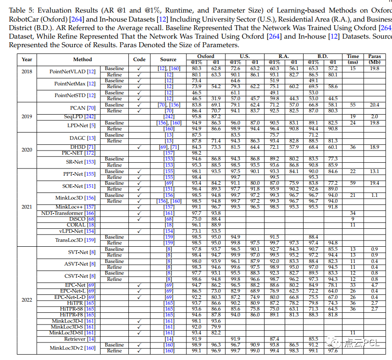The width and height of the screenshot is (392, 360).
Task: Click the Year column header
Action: click(x=27, y=59)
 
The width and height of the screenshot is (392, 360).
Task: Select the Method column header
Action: click(x=83, y=59)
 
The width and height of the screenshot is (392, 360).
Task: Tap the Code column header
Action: click(x=139, y=59)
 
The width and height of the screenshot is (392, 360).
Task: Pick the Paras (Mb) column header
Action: click(x=374, y=59)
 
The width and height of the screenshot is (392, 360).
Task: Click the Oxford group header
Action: click(x=206, y=57)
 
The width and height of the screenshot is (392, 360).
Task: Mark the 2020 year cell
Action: click(x=27, y=150)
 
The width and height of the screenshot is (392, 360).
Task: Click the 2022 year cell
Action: click(x=27, y=299)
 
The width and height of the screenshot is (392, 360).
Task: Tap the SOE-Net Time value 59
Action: click(x=353, y=183)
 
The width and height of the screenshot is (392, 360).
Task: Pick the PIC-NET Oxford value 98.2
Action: click(x=196, y=153)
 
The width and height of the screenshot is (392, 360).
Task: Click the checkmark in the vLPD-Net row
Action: click(x=139, y=231)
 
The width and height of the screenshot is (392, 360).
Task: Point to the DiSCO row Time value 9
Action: click(x=353, y=219)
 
